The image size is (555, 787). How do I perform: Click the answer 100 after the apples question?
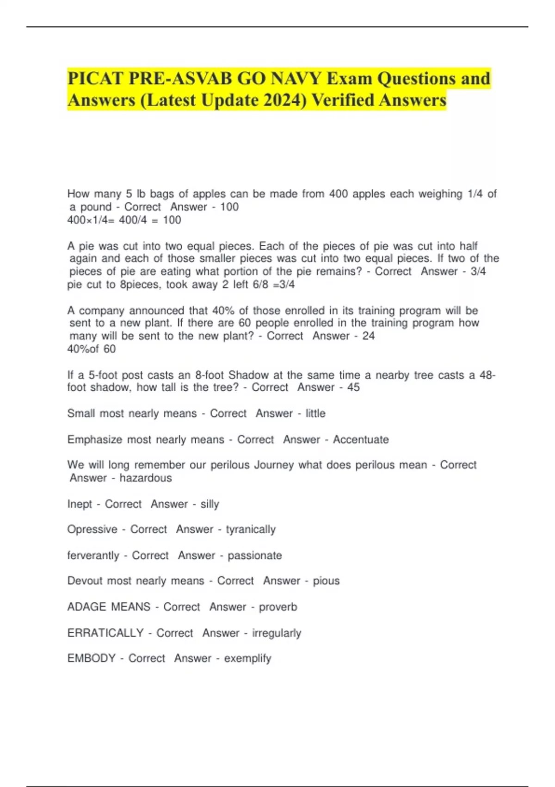(x=229, y=207)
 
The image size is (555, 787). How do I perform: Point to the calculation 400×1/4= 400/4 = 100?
(x=124, y=220)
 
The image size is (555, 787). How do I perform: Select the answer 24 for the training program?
(x=369, y=336)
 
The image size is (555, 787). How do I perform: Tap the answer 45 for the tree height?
(x=353, y=387)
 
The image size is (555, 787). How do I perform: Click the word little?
(x=315, y=413)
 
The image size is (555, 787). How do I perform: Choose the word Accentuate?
(x=361, y=439)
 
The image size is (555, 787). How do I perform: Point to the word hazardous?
(x=146, y=478)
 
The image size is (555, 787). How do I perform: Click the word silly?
(x=210, y=504)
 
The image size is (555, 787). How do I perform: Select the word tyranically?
(x=251, y=529)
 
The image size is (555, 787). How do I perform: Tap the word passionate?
(x=255, y=555)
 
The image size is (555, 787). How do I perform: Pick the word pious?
(x=326, y=581)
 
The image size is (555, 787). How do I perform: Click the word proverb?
(x=278, y=606)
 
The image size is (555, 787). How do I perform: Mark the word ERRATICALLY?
(x=105, y=632)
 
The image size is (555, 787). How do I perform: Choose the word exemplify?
(x=248, y=658)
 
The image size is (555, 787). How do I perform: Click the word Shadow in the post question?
(x=249, y=375)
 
